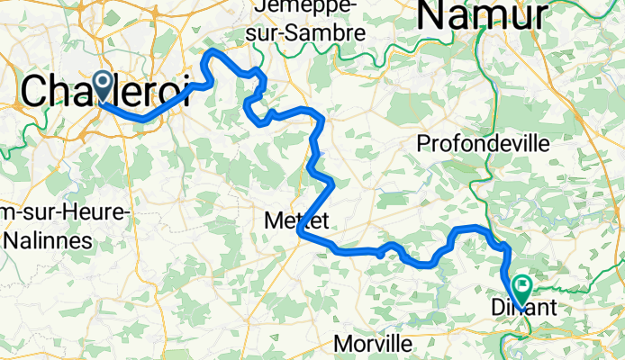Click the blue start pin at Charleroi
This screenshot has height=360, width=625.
(100, 86)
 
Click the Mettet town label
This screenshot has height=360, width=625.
(297, 219)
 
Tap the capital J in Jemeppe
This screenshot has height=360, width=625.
(262, 7)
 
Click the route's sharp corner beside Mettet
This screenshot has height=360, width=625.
(298, 233)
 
